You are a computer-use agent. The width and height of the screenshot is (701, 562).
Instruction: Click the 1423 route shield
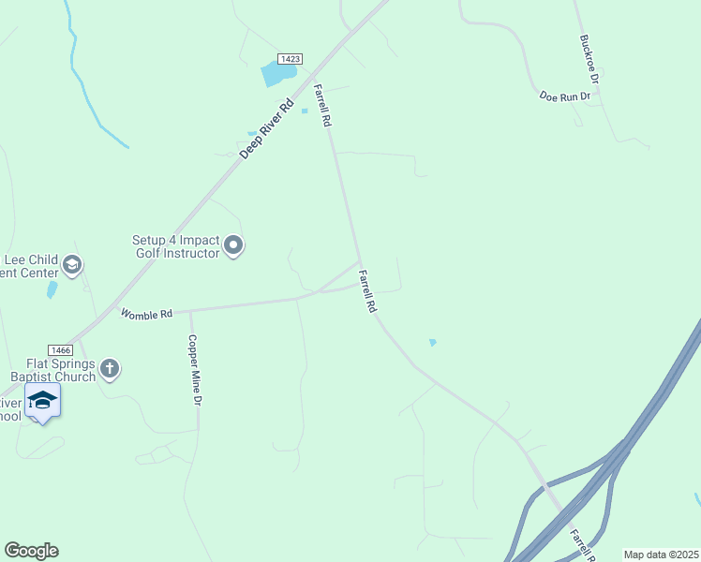tap(291, 58)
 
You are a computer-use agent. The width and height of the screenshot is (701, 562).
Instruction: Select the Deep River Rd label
tap(261, 131)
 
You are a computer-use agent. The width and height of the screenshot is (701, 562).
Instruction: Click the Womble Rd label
tap(146, 315)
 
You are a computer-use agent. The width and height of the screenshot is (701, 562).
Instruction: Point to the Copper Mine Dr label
tap(196, 370)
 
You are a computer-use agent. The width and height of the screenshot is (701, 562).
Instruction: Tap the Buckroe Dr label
tap(589, 58)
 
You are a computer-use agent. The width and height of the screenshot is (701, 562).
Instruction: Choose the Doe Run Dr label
tap(565, 96)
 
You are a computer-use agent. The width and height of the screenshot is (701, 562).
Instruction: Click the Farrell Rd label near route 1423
tap(323, 105)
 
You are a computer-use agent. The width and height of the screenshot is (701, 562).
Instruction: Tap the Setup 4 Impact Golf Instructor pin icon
tap(233, 246)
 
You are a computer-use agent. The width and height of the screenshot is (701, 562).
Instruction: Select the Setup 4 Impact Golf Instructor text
tap(175, 246)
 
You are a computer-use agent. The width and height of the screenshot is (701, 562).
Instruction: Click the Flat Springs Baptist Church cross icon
tap(110, 368)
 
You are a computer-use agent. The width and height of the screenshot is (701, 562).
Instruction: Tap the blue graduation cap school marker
tap(42, 401)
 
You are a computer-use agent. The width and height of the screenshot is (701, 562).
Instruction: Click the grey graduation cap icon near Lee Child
tap(71, 266)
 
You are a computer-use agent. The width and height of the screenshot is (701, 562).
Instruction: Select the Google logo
tap(31, 551)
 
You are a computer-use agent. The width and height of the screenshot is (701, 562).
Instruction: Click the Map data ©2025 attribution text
tap(661, 555)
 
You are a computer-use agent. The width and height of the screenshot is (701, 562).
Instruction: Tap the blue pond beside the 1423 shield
tap(276, 73)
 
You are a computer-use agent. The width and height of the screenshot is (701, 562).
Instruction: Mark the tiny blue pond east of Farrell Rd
tap(432, 343)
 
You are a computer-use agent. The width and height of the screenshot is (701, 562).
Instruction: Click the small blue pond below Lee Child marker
tap(51, 289)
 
